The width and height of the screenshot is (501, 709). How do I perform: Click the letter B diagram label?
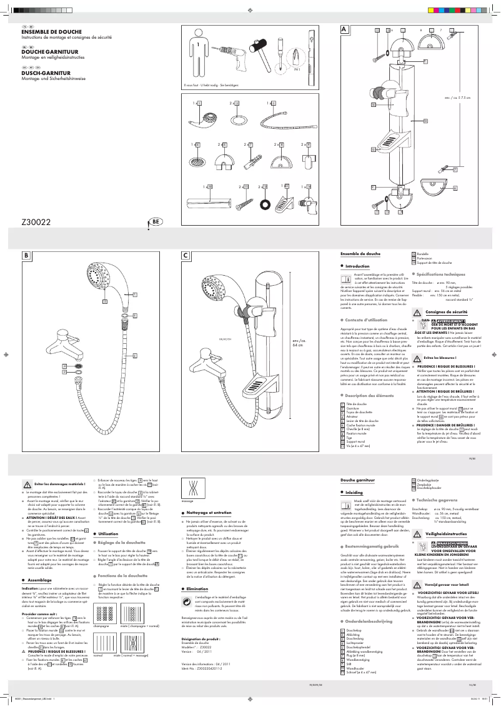click(26, 255)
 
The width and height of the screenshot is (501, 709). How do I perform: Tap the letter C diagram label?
click(186, 255)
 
